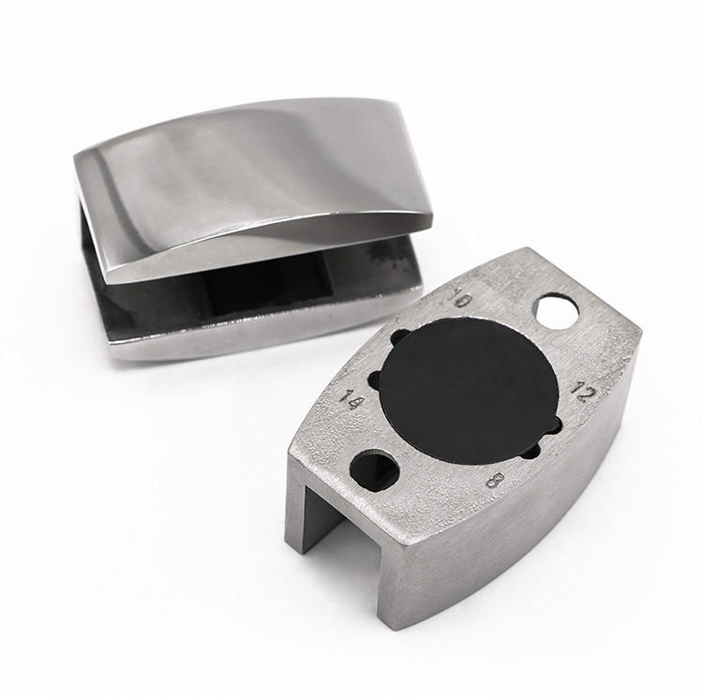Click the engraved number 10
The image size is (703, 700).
[460, 298]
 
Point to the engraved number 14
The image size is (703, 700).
[350, 398]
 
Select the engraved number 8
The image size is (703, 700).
[495, 481]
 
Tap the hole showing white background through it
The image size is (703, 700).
[555, 310]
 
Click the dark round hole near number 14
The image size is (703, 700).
[374, 470]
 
